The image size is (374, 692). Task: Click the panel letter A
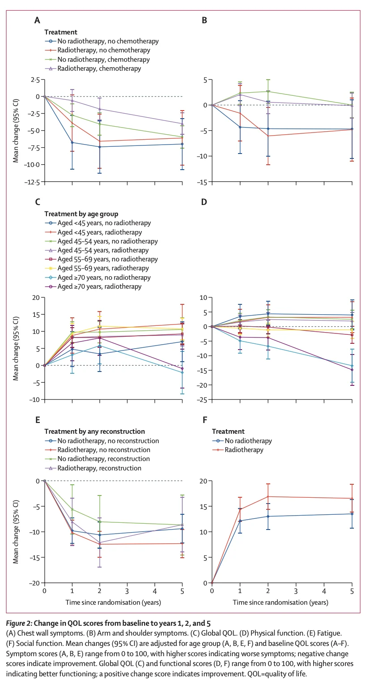37,21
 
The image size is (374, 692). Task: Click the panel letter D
204,202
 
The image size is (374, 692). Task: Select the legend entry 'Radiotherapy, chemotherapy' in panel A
99,68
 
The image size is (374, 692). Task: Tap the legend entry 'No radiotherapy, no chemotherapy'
108,41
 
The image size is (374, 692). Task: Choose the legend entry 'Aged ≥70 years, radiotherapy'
99,286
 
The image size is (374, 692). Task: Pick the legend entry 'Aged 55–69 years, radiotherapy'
103,269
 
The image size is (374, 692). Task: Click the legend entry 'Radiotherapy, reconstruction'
99,468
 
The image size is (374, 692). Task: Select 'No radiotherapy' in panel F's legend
248,441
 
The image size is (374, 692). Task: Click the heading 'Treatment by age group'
81,214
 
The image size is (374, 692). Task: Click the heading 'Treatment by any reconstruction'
94,431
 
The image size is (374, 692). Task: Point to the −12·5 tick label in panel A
32,182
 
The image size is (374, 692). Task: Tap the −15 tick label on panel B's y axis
202,182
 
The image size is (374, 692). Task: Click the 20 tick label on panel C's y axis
36,298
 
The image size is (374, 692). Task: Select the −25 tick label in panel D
202,400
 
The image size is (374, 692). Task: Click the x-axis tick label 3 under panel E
127,592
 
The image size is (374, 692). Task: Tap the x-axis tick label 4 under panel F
324,592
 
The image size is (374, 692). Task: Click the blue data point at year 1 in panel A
72,142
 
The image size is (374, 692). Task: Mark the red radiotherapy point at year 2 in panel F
268,497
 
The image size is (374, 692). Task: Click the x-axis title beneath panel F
280,602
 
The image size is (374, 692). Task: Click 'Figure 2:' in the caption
19,624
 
